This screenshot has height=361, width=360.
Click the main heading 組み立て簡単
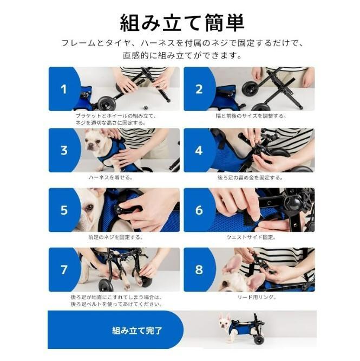click(x=182, y=22)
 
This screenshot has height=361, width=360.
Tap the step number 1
click(x=64, y=89)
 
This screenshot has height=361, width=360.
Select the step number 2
click(x=199, y=89)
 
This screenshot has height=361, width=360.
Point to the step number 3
click(x=64, y=150)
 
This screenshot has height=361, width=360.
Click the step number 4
click(x=199, y=150)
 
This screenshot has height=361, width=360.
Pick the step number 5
click(x=64, y=210)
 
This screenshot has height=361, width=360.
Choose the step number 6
click(x=199, y=210)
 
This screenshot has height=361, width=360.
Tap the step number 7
click(x=64, y=269)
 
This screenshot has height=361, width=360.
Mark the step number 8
click(x=199, y=269)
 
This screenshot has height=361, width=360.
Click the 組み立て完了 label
click(x=137, y=331)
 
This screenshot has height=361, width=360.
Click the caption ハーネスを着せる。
click(x=111, y=177)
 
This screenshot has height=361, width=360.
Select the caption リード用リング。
click(x=257, y=297)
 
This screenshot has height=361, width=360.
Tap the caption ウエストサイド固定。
click(x=251, y=237)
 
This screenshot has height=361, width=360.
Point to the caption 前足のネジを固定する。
click(x=116, y=237)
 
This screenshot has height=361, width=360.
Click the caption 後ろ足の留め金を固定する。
click(x=250, y=178)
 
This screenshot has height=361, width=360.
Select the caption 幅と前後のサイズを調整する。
click(x=251, y=116)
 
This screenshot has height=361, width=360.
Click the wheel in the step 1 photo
click(x=107, y=104)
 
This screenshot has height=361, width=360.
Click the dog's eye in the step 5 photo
click(x=89, y=208)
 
